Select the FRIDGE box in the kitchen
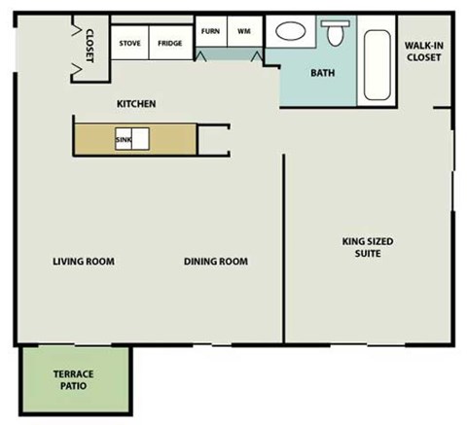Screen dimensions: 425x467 (170, 44)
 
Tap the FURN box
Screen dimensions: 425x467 (210, 31)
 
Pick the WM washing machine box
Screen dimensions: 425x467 (244, 31)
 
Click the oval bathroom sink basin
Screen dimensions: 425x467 (289, 32)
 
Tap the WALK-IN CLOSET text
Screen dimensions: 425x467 (423, 51)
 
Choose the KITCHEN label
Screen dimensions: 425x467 (137, 104)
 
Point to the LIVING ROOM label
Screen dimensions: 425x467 (84, 261)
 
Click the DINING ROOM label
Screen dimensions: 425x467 (215, 261)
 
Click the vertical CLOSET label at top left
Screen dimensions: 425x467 (89, 45)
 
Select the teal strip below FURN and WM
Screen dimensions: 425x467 (230, 54)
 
